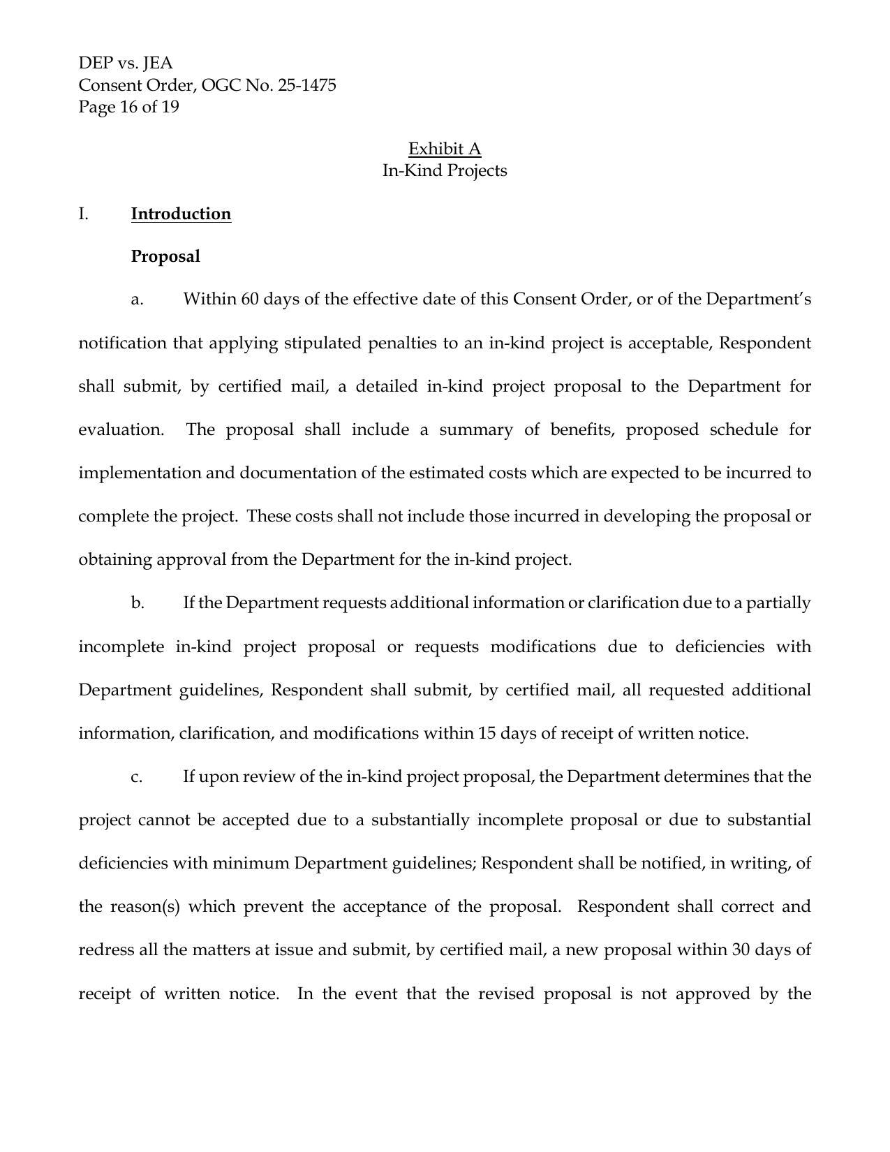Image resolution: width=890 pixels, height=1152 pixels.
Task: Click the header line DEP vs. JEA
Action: point(126,64)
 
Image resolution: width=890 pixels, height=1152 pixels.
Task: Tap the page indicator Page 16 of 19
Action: point(128,107)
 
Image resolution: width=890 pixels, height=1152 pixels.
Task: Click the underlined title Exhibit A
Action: point(445,149)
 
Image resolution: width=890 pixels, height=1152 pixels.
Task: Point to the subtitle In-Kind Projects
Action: point(445,170)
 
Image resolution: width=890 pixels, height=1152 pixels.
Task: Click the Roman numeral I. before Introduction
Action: point(84,214)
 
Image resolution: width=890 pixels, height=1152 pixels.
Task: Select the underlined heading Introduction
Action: point(181,214)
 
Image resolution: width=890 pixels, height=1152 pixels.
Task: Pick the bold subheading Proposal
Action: point(165,256)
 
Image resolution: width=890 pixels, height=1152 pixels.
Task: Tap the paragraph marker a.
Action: point(137,300)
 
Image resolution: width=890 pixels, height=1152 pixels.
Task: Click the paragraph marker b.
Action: point(138,603)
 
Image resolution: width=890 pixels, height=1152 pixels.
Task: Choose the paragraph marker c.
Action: point(137,776)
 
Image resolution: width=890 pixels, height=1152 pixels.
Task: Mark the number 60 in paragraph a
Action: point(249,300)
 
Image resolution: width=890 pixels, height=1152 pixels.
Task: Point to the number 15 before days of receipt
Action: point(487,733)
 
